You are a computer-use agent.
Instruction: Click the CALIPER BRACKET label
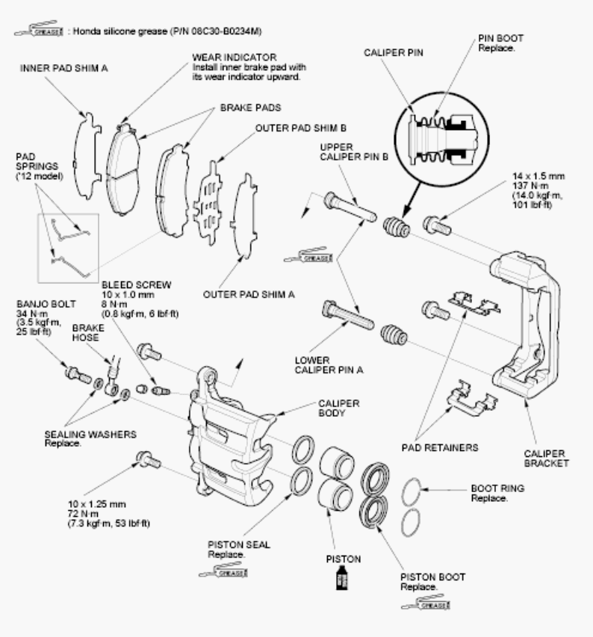click(546, 459)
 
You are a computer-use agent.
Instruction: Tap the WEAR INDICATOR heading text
click(235, 58)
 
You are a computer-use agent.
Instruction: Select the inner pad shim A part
click(87, 156)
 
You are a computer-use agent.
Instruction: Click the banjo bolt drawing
click(78, 375)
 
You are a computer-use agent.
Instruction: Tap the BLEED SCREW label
click(137, 285)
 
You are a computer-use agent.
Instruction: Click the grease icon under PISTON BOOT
click(426, 603)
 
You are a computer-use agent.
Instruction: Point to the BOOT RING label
click(497, 488)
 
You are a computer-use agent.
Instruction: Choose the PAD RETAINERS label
click(440, 447)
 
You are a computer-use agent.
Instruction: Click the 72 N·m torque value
click(83, 514)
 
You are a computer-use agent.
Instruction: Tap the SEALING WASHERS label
click(90, 435)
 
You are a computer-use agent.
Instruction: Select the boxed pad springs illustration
click(68, 248)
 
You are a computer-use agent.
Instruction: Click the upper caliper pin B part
click(350, 207)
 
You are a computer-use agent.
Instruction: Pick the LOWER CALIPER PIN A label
click(329, 365)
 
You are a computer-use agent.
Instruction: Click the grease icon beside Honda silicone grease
click(39, 30)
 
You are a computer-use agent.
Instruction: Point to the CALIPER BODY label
click(339, 408)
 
